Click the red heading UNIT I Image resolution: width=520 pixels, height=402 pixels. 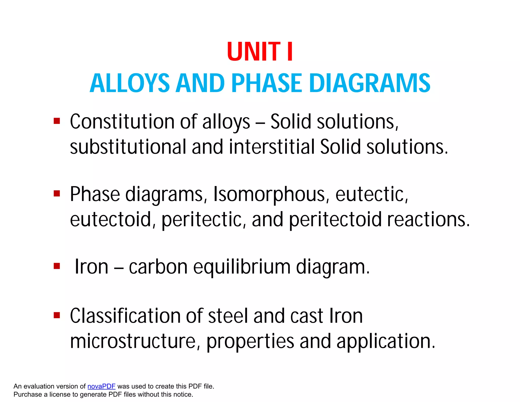(260, 52)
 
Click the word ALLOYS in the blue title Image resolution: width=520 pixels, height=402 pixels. (129, 83)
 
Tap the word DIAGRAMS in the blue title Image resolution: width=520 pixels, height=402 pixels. (370, 83)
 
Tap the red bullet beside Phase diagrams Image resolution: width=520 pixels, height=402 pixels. (57, 194)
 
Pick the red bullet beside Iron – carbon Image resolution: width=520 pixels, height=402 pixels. (57, 266)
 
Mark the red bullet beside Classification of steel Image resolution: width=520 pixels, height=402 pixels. (57, 315)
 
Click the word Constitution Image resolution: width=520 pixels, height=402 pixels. (122, 122)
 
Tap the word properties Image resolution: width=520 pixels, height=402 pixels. (250, 342)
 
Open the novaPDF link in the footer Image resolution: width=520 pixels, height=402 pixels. (101, 386)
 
